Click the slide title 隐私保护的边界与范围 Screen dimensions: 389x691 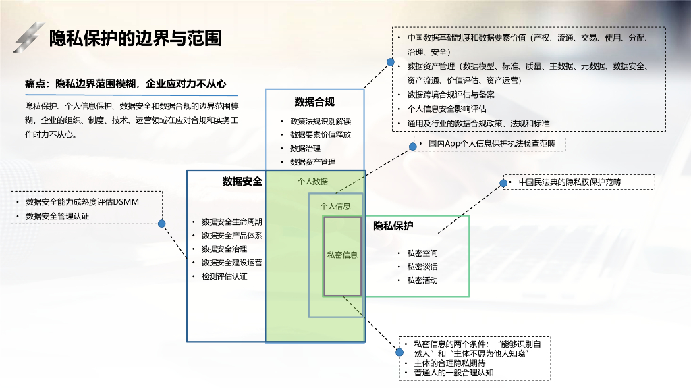point(135,38)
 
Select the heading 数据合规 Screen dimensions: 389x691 point(314,102)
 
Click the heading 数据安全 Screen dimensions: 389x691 point(242,181)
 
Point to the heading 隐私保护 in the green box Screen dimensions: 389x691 point(393,226)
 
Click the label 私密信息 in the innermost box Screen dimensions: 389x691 point(342,255)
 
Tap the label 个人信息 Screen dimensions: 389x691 point(335,206)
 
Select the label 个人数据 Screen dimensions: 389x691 point(313,181)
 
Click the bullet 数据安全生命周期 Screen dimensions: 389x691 point(231,222)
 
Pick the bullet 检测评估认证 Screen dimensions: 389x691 point(224,276)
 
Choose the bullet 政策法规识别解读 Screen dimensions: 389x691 point(321,122)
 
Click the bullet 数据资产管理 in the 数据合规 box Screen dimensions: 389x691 point(312,162)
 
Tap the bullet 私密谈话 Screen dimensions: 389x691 point(422,266)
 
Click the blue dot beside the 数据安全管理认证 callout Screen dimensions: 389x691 point(162,224)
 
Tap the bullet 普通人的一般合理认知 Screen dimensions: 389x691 point(453,372)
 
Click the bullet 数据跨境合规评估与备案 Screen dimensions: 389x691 point(451,95)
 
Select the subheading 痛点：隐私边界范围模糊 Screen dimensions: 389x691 point(125,84)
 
